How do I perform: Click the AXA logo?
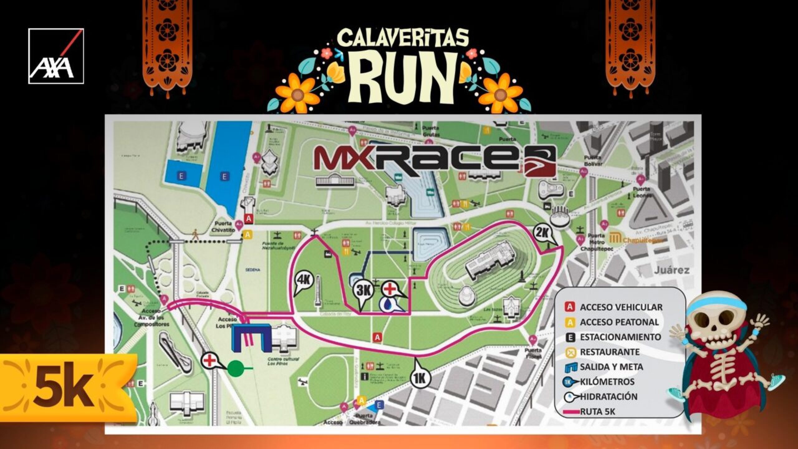point(56,56)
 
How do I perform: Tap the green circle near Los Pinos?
point(236,368)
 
